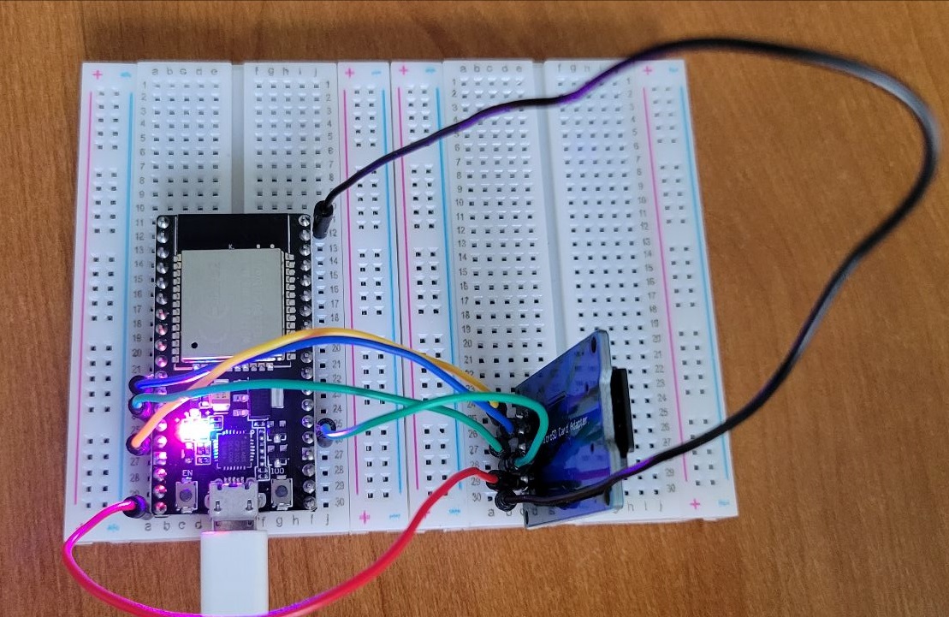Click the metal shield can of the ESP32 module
coord(229,302)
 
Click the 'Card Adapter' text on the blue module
coord(569,419)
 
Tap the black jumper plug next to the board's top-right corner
coord(323,220)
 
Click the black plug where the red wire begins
coord(134,506)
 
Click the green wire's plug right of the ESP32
coord(325,433)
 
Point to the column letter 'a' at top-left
coord(155,72)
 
